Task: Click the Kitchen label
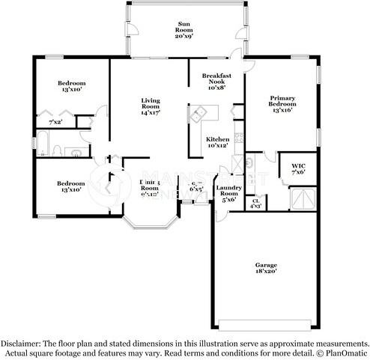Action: click(217, 141)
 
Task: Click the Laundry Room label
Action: click(226, 193)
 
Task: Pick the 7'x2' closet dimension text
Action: click(55, 121)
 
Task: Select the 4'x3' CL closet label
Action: click(255, 202)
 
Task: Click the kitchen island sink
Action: click(199, 115)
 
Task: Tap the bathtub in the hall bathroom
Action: click(44, 144)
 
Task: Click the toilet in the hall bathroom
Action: click(77, 151)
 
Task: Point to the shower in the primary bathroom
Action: click(304, 196)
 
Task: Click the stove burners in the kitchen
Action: click(238, 138)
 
